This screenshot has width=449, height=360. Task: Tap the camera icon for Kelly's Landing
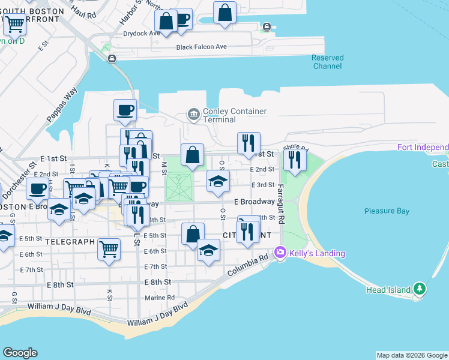(x=280, y=253)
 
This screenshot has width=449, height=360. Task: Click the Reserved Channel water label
(x=327, y=62)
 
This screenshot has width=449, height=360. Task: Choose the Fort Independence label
(x=423, y=148)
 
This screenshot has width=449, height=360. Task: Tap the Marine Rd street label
(x=159, y=297)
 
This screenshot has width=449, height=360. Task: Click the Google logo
(x=20, y=353)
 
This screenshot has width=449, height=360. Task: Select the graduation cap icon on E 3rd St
(x=218, y=181)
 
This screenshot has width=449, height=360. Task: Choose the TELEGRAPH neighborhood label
(x=70, y=242)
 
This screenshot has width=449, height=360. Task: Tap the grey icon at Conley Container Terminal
(x=194, y=113)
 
